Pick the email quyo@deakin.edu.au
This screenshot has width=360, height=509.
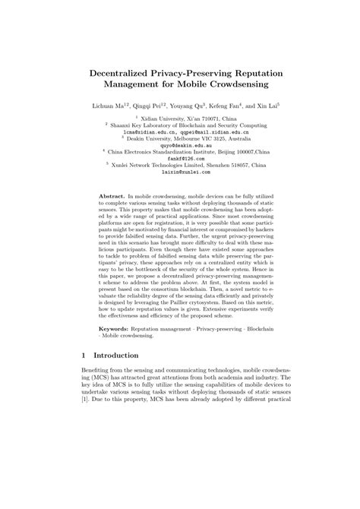point(181,145)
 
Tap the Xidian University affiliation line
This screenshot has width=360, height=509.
point(181,119)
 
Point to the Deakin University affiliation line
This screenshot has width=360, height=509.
point(181,139)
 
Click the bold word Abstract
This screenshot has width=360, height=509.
point(112,196)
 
